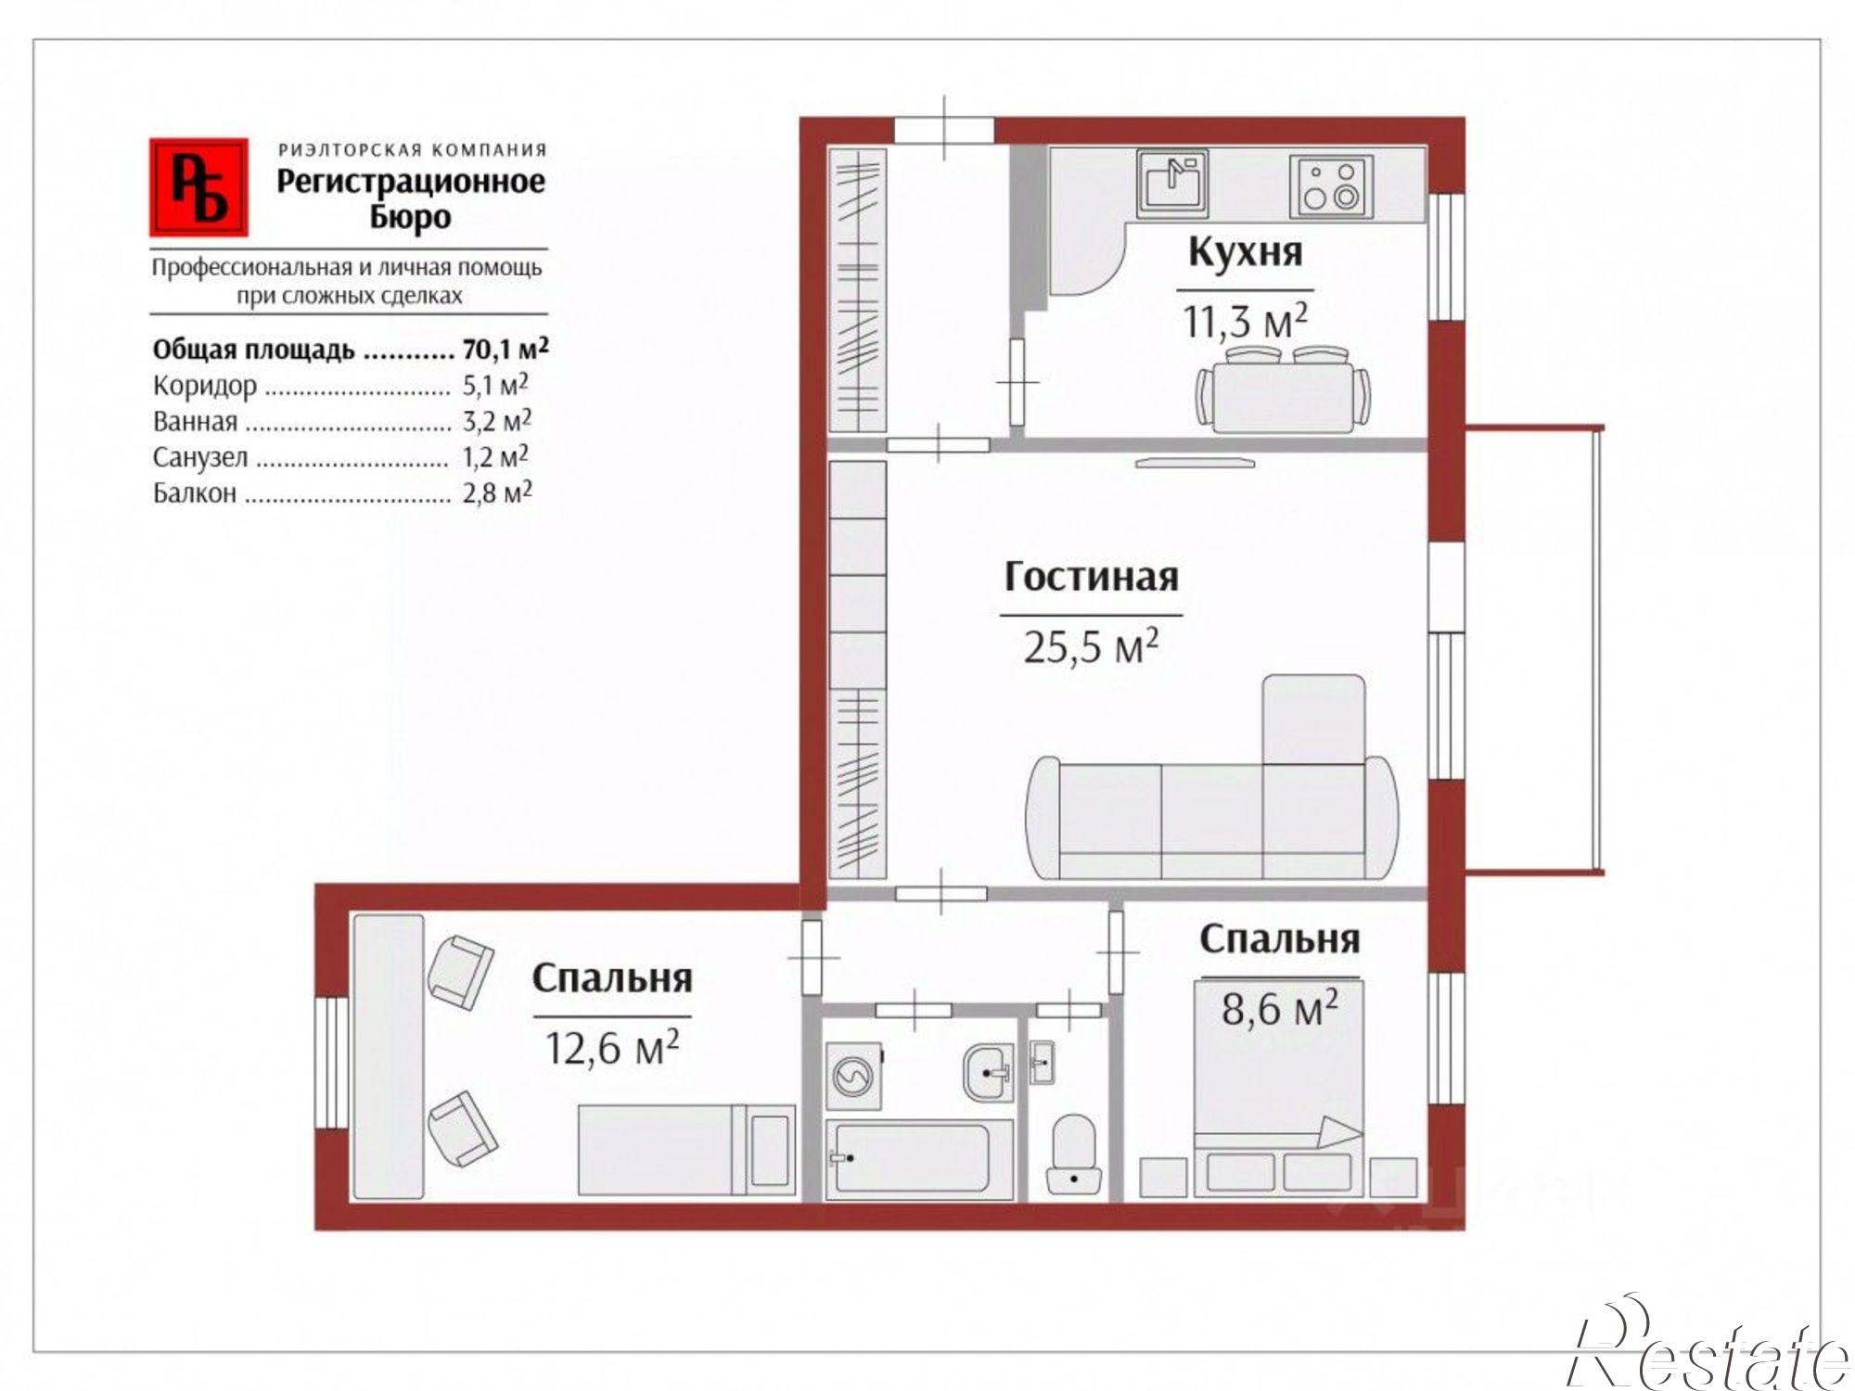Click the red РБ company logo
(x=198, y=187)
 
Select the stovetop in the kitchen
(x=1331, y=185)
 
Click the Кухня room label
(x=1245, y=252)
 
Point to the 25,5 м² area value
(x=1091, y=646)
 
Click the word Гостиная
(x=1091, y=577)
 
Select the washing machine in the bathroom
(x=853, y=1077)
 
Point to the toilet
(x=1074, y=1155)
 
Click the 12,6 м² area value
(x=611, y=1048)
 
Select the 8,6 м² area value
(x=1279, y=1007)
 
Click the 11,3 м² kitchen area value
(x=1245, y=321)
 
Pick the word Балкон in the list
(x=195, y=493)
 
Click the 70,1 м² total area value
(x=505, y=350)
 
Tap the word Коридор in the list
(x=205, y=387)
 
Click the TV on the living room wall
(x=1195, y=462)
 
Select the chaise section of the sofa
(x=1313, y=720)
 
